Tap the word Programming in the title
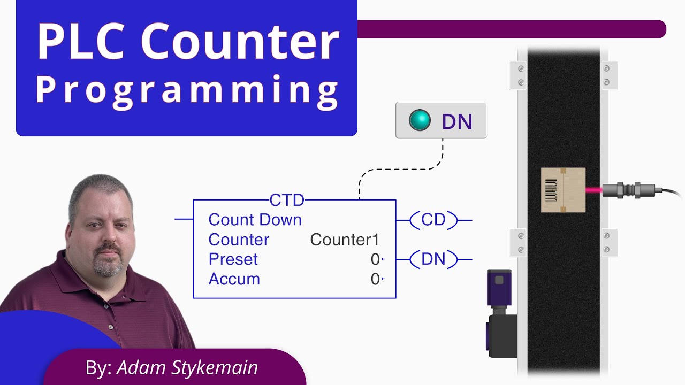pos(187,89)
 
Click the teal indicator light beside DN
pos(420,120)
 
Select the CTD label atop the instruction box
pos(287,201)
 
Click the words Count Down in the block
pos(255,220)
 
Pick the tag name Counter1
pos(345,240)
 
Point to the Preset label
pos(233,259)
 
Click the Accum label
pos(234,279)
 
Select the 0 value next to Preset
pos(375,259)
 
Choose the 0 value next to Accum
pos(375,279)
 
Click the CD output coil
pos(433,220)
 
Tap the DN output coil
pos(433,259)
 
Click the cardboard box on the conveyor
pos(563,190)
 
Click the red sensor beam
pos(593,190)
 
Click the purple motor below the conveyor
pos(500,315)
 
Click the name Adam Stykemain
pos(187,367)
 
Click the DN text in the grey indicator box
pos(456,121)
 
